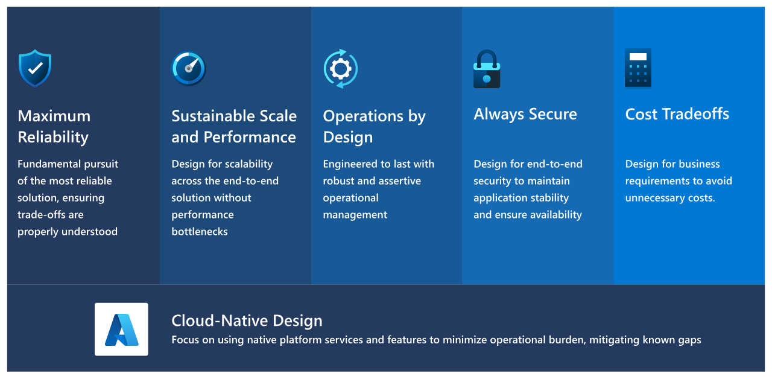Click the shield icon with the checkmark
(35, 68)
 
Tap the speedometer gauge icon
(189, 68)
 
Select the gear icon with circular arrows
(341, 69)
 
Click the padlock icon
(487, 69)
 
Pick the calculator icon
(638, 68)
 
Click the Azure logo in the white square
(121, 330)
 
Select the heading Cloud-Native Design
(247, 320)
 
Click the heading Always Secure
(525, 114)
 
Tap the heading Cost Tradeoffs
(677, 114)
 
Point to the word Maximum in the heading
(54, 116)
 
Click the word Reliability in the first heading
(53, 137)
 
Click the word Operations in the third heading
(363, 116)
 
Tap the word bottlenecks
(200, 231)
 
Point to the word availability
(555, 215)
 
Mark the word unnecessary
(655, 198)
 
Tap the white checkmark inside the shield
(35, 68)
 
